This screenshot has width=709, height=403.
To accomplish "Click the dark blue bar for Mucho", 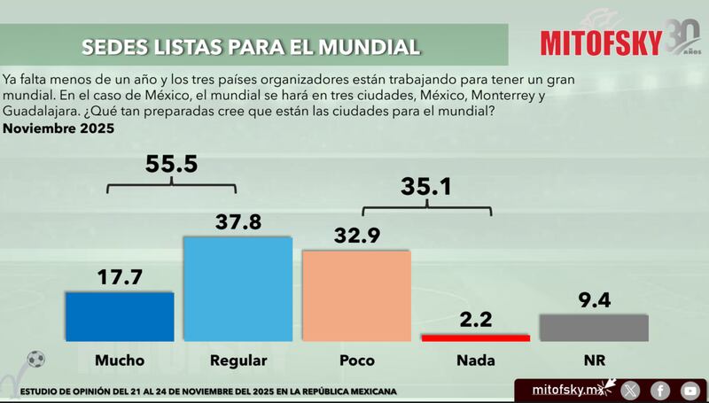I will pyautogui.click(x=120, y=316).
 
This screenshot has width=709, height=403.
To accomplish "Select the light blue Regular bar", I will pyautogui.click(x=238, y=289).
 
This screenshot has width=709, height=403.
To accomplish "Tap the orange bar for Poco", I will pyautogui.click(x=356, y=296).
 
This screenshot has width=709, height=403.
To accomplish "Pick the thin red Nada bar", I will pyautogui.click(x=475, y=337).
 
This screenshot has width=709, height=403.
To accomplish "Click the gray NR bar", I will pyautogui.click(x=595, y=328).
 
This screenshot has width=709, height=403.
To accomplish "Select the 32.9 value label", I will pyautogui.click(x=356, y=236).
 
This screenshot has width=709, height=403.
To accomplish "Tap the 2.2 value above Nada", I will pyautogui.click(x=475, y=318).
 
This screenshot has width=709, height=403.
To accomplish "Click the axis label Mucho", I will pyautogui.click(x=120, y=360).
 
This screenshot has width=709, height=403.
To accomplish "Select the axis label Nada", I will pyautogui.click(x=475, y=360).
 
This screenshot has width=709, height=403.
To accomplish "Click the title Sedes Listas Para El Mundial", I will pyautogui.click(x=250, y=45).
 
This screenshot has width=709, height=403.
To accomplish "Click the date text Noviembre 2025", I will pyautogui.click(x=58, y=129).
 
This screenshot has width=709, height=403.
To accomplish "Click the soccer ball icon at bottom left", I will pyautogui.click(x=35, y=360).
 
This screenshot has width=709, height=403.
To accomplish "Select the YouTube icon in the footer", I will pyautogui.click(x=689, y=390).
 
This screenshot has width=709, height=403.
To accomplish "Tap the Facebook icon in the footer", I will pyautogui.click(x=660, y=390).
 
